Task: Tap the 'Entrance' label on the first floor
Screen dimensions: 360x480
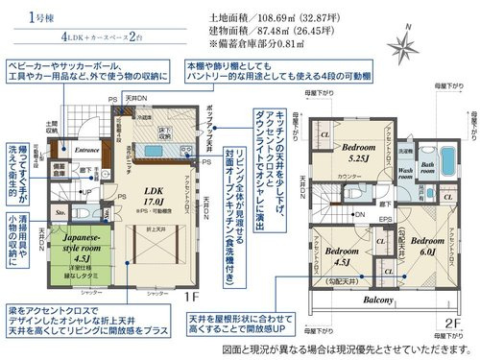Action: (x=87, y=149)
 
